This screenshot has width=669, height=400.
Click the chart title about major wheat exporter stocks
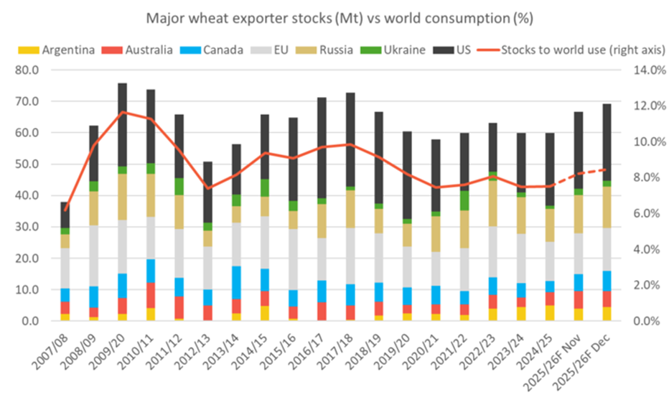point(334,16)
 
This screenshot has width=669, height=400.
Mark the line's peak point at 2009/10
point(121,112)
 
